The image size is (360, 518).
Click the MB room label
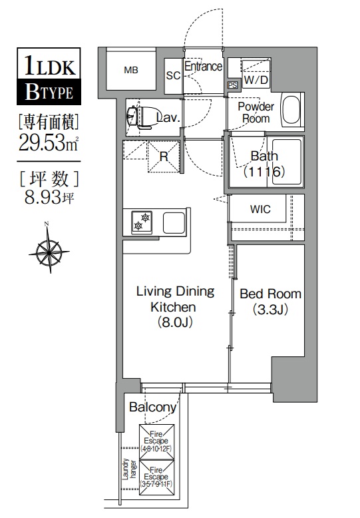pos(131,70)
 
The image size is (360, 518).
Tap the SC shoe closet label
pos(173,76)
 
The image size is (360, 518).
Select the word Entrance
pos(203,67)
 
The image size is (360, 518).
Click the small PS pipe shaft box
pos(232,85)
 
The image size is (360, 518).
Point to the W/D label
pos(256,80)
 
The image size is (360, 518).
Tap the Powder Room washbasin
pos(291,110)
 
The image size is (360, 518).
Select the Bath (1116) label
pos(264,164)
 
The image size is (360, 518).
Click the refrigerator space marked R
pos(164,156)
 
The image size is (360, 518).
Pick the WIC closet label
pos(260,209)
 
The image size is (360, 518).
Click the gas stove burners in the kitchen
pos(142,222)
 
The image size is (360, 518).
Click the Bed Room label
pos(270,302)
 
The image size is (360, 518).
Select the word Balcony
pos(152,407)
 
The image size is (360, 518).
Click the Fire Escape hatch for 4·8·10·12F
pos(156,441)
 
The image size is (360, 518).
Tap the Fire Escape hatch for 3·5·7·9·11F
pos(156,477)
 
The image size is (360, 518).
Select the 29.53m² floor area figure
pos(48,143)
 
